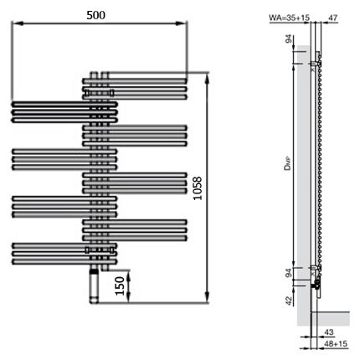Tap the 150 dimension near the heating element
click(x=121, y=285)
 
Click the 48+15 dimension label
click(x=336, y=344)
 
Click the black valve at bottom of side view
click(x=316, y=285)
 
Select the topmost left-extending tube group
click(x=64, y=110)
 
